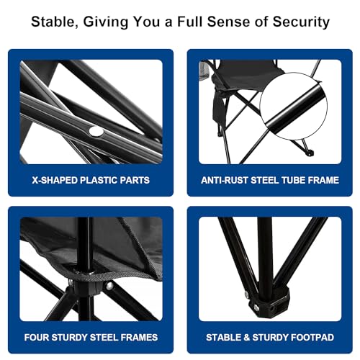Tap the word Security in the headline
pos(301,22)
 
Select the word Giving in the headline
pos(106,22)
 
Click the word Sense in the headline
pos(229,22)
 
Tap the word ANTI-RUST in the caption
pos(224,180)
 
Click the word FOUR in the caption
pos(36,338)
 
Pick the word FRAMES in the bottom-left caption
pos(139,338)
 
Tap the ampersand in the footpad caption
pos(246,338)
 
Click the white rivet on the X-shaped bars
pos(96,131)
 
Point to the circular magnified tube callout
pos(294,107)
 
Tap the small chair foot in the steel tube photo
pos(310,153)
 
